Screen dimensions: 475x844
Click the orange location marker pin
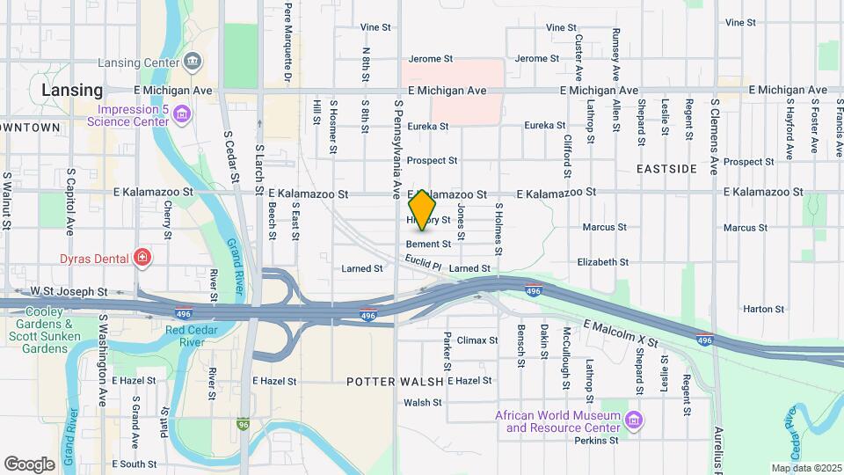tap(423, 209)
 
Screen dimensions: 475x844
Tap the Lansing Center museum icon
tap(193, 62)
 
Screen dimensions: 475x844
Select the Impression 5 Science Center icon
tap(182, 113)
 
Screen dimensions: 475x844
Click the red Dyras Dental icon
tap(142, 258)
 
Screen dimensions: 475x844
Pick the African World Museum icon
tap(632, 419)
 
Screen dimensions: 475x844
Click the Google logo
tap(29, 464)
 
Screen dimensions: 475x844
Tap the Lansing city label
tap(72, 91)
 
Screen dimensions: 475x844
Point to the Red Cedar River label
tap(201, 331)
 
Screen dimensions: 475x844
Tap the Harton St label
tap(763, 309)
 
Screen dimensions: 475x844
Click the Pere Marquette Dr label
tap(287, 40)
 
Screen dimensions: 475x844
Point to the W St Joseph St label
tap(69, 290)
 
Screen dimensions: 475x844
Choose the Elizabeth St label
tap(603, 261)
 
